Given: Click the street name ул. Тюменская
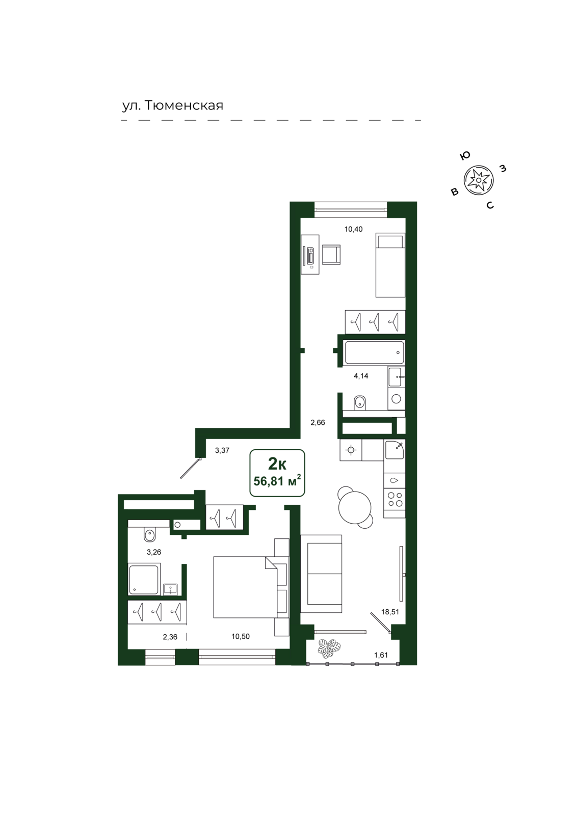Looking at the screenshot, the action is pos(173,105).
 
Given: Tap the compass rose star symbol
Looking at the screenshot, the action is pos(478,180).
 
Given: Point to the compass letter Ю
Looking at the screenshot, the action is pos(465,156).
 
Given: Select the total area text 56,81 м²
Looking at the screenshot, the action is pos(277,481).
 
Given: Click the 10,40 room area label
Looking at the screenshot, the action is pos(353,229).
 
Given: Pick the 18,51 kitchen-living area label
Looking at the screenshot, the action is pos(390,612).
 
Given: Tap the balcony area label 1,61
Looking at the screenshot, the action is pos(381,655).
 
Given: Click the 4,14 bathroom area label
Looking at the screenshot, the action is pos(361,376).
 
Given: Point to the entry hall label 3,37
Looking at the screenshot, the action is pos(222,450).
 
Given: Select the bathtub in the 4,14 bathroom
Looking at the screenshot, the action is pos(374,352).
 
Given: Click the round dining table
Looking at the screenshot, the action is pos(355,507).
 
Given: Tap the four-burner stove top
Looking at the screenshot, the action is pos(394,499).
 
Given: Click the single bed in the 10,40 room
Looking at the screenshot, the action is pos(390,265).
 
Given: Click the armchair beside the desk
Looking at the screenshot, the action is pos(331,255).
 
